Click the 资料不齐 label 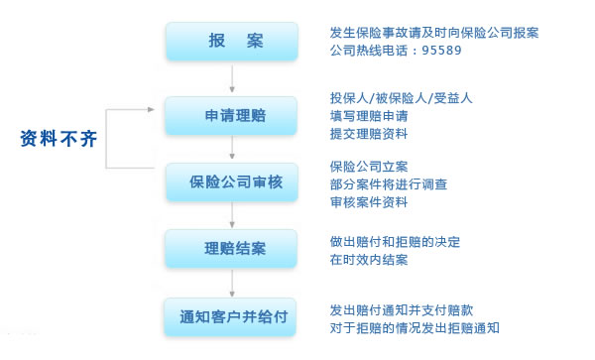coord(59,139)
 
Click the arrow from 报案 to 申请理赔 coord(232,78)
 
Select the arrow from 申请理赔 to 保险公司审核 coord(232,148)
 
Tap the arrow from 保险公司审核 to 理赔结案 coord(232,214)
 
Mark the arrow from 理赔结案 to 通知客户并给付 coord(232,282)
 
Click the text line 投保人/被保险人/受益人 coord(400,98)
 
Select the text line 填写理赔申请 coord(369,115)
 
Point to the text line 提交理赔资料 coord(369,133)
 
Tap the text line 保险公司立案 coord(369,166)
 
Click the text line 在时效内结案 coord(369,260)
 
